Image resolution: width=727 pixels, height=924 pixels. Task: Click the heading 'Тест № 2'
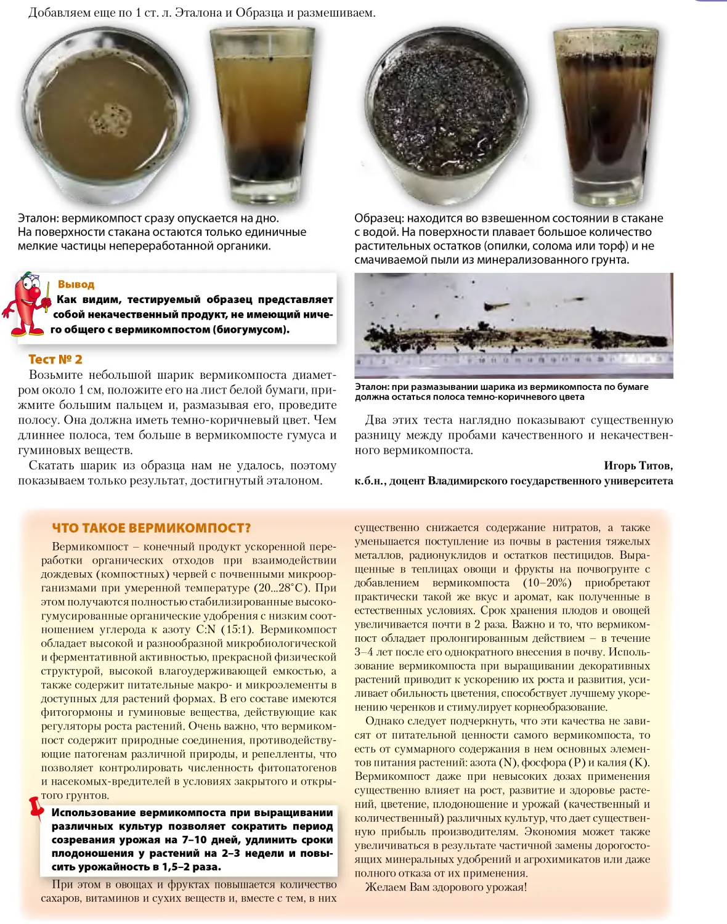coord(55,359)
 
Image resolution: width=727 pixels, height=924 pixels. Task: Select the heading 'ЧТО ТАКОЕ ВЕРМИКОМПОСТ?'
coord(152,528)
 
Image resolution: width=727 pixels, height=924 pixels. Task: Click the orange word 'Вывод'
coord(76,284)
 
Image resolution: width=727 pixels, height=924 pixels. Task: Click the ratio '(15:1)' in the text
coord(239,630)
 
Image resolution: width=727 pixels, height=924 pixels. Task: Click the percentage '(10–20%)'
coord(547,583)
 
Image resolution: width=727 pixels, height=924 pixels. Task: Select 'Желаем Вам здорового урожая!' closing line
coord(446,887)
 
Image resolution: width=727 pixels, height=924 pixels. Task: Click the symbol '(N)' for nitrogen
coord(509,763)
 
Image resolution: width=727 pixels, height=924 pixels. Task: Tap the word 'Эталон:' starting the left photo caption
coord(38,218)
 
